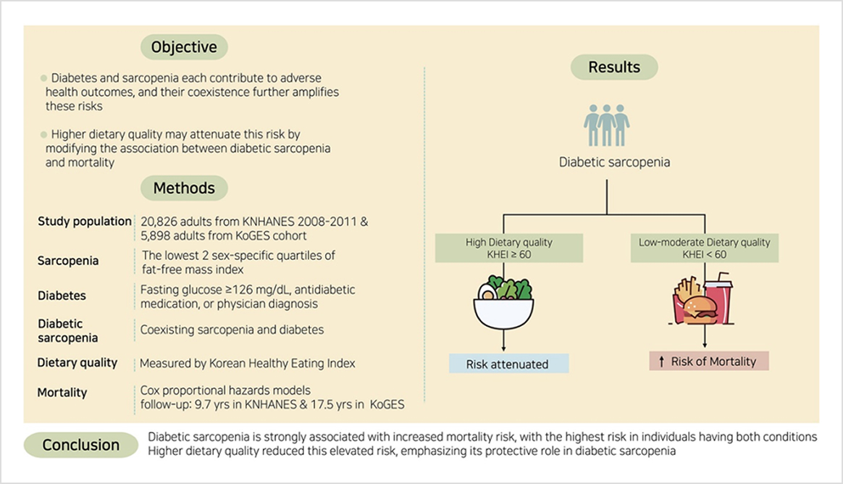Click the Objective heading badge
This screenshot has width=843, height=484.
pyautogui.click(x=184, y=48)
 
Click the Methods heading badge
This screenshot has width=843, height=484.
pyautogui.click(x=184, y=188)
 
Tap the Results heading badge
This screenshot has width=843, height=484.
pyautogui.click(x=614, y=67)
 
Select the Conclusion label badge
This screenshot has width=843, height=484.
pyautogui.click(x=80, y=445)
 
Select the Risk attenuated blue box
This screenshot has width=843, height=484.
pyautogui.click(x=508, y=364)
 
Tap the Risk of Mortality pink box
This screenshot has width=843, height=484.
pyautogui.click(x=708, y=362)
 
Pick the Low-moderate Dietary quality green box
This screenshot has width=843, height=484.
pyautogui.click(x=705, y=249)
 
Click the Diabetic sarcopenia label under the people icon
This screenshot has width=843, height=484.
pyautogui.click(x=614, y=162)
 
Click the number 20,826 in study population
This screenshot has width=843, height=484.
pyautogui.click(x=161, y=222)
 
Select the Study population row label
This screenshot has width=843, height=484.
pyautogui.click(x=85, y=222)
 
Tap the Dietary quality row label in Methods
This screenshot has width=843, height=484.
pyautogui.click(x=77, y=362)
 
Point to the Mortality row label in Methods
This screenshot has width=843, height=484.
pyautogui.click(x=62, y=393)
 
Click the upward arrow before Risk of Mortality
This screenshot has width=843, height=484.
pyautogui.click(x=662, y=362)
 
